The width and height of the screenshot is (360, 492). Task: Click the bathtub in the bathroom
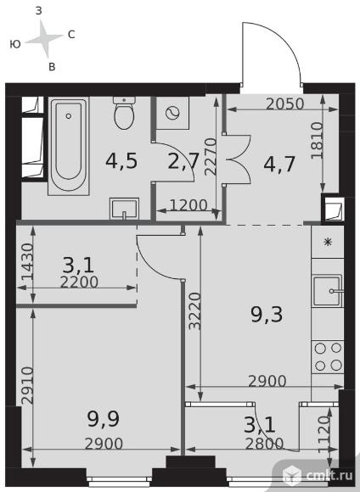pyautogui.click(x=69, y=146)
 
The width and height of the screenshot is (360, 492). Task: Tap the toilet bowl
pyautogui.click(x=125, y=113)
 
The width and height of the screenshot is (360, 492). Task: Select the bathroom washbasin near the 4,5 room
pyautogui.click(x=125, y=209)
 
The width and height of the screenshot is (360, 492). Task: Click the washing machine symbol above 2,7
pyautogui.click(x=172, y=113)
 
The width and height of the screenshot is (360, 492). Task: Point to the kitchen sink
pyautogui.click(x=328, y=291)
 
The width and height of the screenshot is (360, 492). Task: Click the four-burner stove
pyautogui.click(x=328, y=357)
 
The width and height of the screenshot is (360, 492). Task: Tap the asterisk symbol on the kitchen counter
pyautogui.click(x=328, y=242)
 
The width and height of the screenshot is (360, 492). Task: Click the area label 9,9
pyautogui.click(x=104, y=419)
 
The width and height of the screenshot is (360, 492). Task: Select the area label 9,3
pyautogui.click(x=267, y=315)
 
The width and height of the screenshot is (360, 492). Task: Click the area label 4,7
pyautogui.click(x=279, y=164)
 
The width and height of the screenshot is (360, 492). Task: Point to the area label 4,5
pyautogui.click(x=121, y=161)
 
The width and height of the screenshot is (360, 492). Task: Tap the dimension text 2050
pyautogui.click(x=285, y=103)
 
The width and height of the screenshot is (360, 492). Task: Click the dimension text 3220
pyautogui.click(x=194, y=311)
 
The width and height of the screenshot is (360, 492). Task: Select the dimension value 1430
pyautogui.click(x=27, y=262)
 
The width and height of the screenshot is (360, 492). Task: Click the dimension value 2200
pyautogui.click(x=79, y=282)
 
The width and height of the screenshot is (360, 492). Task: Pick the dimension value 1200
pyautogui.click(x=188, y=205)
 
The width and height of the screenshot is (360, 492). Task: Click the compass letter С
pyautogui.click(x=71, y=35)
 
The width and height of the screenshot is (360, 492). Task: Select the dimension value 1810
pyautogui.click(x=317, y=141)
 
